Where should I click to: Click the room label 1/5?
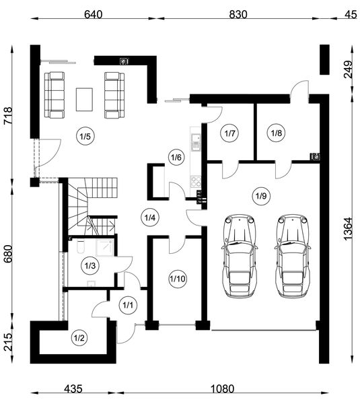(x=85, y=136)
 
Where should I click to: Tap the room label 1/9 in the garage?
(x=261, y=196)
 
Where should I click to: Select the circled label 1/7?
(x=229, y=133)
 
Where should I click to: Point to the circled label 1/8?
(x=277, y=133)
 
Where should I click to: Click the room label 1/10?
(x=178, y=279)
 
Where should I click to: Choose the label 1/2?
(x=79, y=338)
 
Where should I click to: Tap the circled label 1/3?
(x=90, y=266)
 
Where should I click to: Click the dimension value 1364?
(x=348, y=229)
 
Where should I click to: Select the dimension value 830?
(x=238, y=14)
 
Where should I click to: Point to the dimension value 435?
(x=73, y=389)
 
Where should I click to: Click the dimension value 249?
(x=348, y=69)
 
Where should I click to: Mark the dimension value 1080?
(x=223, y=389)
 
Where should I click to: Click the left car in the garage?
(x=240, y=257)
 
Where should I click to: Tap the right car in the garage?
(x=292, y=257)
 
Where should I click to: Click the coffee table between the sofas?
(x=84, y=100)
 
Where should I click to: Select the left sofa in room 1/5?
(x=54, y=95)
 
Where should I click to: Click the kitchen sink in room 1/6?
(x=196, y=142)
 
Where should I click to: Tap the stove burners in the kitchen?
(x=195, y=181)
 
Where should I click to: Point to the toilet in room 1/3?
(x=80, y=247)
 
